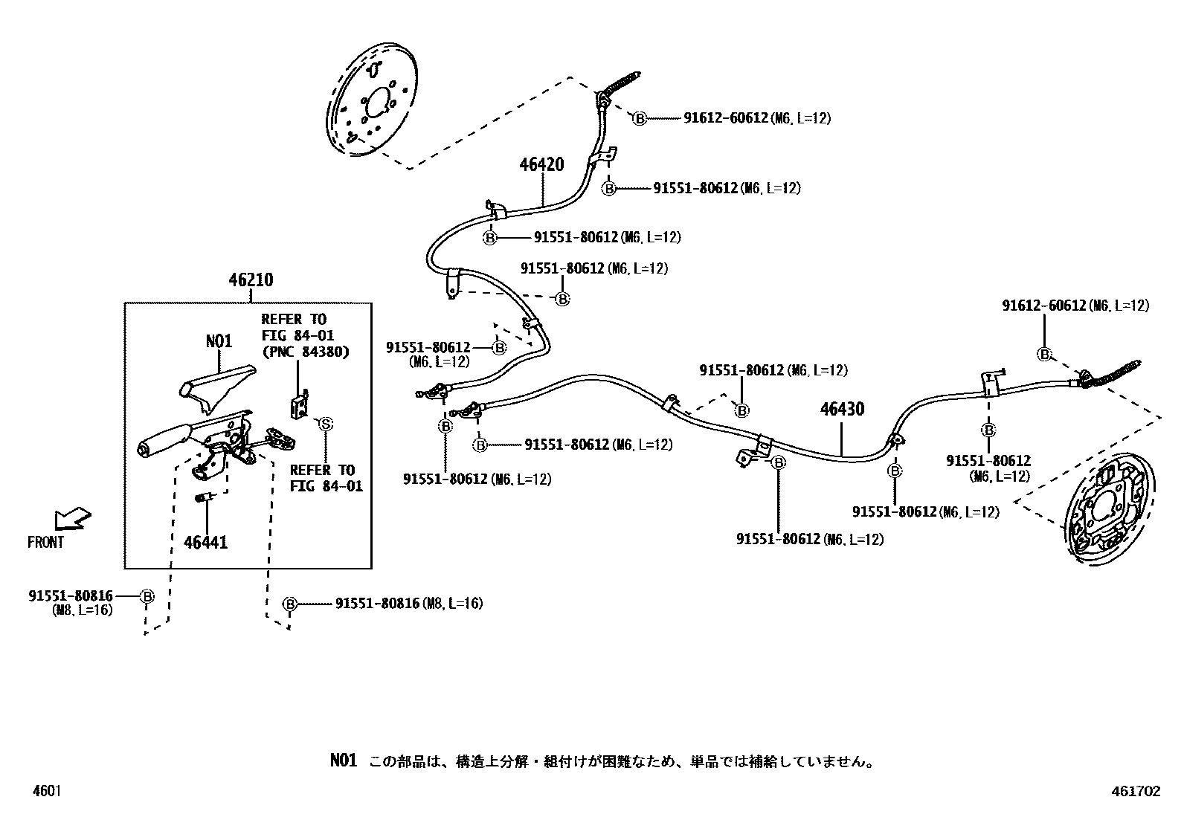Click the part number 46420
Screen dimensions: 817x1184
[541, 165]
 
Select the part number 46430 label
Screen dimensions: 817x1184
[842, 409]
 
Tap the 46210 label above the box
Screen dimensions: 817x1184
[251, 280]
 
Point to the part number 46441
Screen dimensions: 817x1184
[205, 543]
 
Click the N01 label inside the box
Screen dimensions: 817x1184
[219, 341]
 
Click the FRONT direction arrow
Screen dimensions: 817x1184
[72, 517]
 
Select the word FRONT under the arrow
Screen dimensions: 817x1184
[45, 543]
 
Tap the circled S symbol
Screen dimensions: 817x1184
[325, 424]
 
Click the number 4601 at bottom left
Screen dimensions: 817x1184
[46, 792]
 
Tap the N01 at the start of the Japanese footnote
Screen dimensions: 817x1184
[344, 761]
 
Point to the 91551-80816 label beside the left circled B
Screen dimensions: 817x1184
[71, 595]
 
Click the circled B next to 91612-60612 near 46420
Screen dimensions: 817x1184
[639, 118]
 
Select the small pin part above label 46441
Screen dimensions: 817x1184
[205, 497]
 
